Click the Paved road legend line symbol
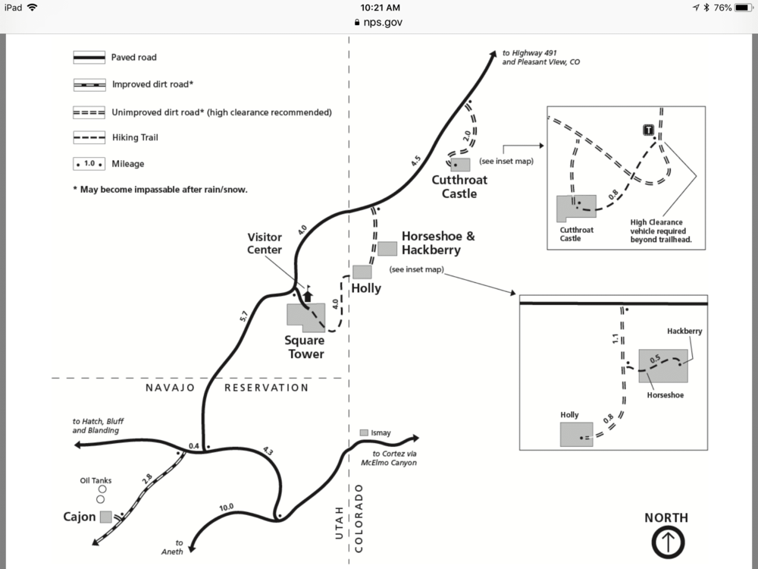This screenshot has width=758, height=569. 88,58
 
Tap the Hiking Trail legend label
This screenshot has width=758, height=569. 135,138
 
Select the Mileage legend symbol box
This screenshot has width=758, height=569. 89,164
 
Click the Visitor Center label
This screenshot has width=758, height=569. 264,244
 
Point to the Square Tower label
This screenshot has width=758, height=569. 305,347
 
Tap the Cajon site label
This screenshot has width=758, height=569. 79,517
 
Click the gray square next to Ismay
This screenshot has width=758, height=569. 364,432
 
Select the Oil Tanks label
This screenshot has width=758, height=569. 96,480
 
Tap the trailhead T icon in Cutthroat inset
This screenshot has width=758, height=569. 648,130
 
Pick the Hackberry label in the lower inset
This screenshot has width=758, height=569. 684,332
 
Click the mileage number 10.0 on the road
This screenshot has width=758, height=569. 227,507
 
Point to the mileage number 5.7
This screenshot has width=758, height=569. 243,317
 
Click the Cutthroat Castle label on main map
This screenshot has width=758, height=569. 459,187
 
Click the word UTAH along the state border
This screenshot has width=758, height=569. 340,523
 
